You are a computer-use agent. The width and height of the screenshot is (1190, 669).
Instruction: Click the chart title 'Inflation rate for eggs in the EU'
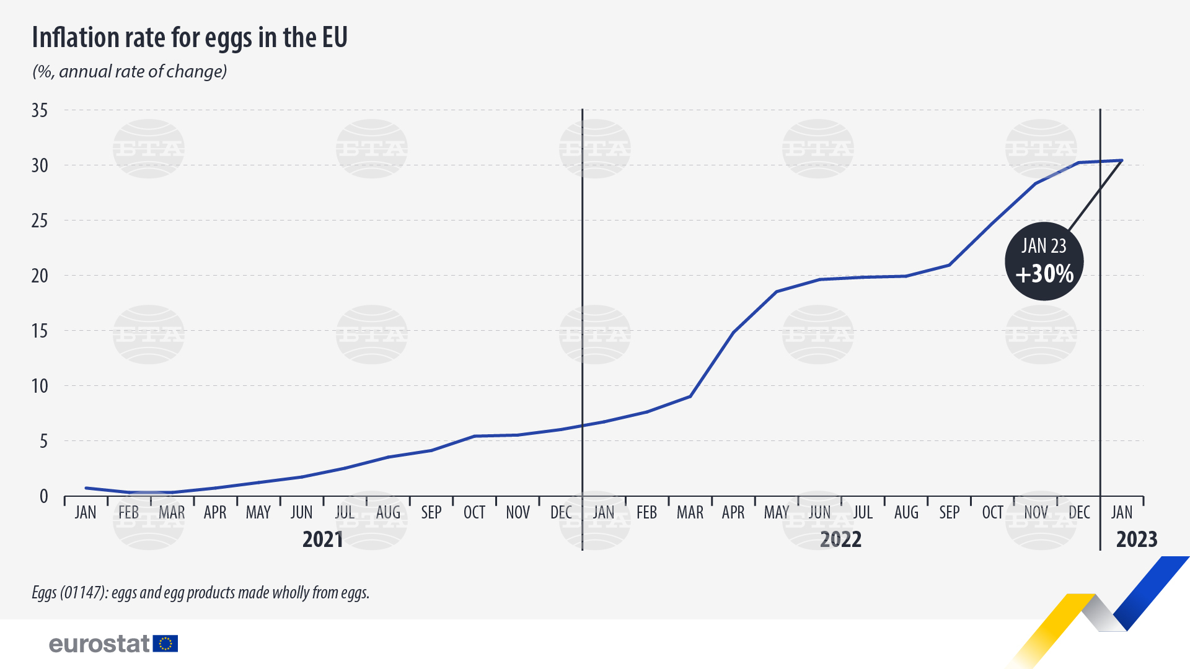pyautogui.click(x=190, y=38)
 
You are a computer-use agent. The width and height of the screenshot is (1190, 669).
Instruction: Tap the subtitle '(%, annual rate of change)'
pyautogui.click(x=130, y=72)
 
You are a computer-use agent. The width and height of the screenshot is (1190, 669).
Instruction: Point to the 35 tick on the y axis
pyautogui.click(x=40, y=110)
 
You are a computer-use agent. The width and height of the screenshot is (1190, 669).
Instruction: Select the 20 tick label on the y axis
pyautogui.click(x=40, y=276)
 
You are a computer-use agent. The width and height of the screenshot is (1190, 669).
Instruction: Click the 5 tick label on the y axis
pyautogui.click(x=43, y=441)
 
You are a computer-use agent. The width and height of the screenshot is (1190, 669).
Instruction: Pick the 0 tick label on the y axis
pyautogui.click(x=43, y=496)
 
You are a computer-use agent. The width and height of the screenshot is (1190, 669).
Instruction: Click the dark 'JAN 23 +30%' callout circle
pyautogui.click(x=1044, y=261)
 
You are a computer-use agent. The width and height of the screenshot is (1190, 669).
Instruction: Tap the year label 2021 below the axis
pyautogui.click(x=323, y=540)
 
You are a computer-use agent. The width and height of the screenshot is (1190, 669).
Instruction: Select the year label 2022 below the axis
pyautogui.click(x=840, y=540)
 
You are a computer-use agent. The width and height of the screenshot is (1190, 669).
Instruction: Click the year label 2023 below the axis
pyautogui.click(x=1137, y=540)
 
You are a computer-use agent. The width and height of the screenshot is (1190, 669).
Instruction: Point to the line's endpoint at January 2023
pyautogui.click(x=1122, y=160)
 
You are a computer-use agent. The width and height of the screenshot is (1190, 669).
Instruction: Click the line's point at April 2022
pyautogui.click(x=734, y=332)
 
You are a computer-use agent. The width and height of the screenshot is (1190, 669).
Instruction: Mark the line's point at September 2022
pyautogui.click(x=950, y=265)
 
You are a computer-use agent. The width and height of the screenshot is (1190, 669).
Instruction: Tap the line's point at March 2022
pyautogui.click(x=690, y=396)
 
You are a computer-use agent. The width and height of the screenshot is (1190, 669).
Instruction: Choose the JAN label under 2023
pyautogui.click(x=1122, y=513)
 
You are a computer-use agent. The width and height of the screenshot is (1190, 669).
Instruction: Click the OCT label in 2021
pyautogui.click(x=474, y=513)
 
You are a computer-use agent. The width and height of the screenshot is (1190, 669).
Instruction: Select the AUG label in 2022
pyautogui.click(x=906, y=513)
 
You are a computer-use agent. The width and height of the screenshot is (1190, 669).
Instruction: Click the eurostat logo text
pyautogui.click(x=99, y=644)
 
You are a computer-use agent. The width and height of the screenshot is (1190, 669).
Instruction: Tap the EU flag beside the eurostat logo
pyautogui.click(x=165, y=644)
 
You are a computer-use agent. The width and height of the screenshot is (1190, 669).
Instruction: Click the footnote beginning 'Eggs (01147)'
pyautogui.click(x=200, y=593)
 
